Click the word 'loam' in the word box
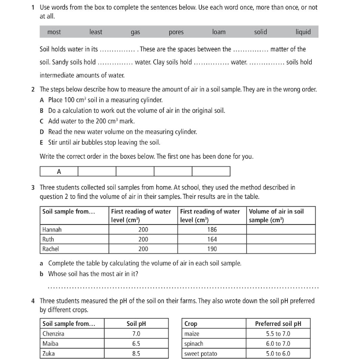point(219,32)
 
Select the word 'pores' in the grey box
point(176,32)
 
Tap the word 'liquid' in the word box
point(303,32)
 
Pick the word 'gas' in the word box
point(135,32)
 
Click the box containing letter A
point(59,171)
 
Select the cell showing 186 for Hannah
point(212,230)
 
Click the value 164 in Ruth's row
point(212,239)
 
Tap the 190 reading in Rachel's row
point(212,249)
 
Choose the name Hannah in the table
point(52,230)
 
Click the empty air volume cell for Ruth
point(281,239)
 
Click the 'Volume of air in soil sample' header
point(276,216)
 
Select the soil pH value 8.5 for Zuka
point(136,354)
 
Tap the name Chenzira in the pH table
point(54,334)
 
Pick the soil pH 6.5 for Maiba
point(136,344)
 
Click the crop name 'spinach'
point(193,344)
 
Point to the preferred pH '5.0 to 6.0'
point(278,354)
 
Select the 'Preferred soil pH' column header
point(278,324)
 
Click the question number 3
point(32,187)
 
